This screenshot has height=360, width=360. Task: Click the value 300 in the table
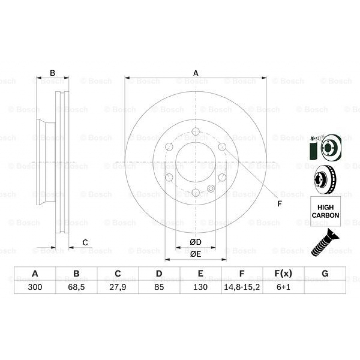(x=35, y=287)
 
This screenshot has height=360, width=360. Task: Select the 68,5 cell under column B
(x=76, y=287)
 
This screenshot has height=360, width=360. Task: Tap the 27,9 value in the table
(x=118, y=287)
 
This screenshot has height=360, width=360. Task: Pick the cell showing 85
(x=159, y=287)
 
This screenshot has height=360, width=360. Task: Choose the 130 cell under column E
(x=200, y=287)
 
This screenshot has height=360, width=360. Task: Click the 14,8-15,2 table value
(x=242, y=287)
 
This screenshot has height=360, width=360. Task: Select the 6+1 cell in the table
(x=283, y=287)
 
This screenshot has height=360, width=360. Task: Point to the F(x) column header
(x=283, y=274)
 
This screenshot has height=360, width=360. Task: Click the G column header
(x=325, y=274)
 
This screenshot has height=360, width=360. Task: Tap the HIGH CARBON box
(x=326, y=211)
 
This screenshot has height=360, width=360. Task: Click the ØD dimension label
(x=195, y=242)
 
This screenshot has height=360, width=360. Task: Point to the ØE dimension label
(x=195, y=255)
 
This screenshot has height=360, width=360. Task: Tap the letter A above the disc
(x=196, y=73)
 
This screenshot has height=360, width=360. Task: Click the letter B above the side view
(x=52, y=73)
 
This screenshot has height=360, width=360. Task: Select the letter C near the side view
(x=85, y=242)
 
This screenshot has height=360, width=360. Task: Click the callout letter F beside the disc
(x=279, y=204)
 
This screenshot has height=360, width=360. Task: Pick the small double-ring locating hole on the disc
(x=211, y=189)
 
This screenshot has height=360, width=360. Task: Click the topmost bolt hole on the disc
(x=196, y=131)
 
